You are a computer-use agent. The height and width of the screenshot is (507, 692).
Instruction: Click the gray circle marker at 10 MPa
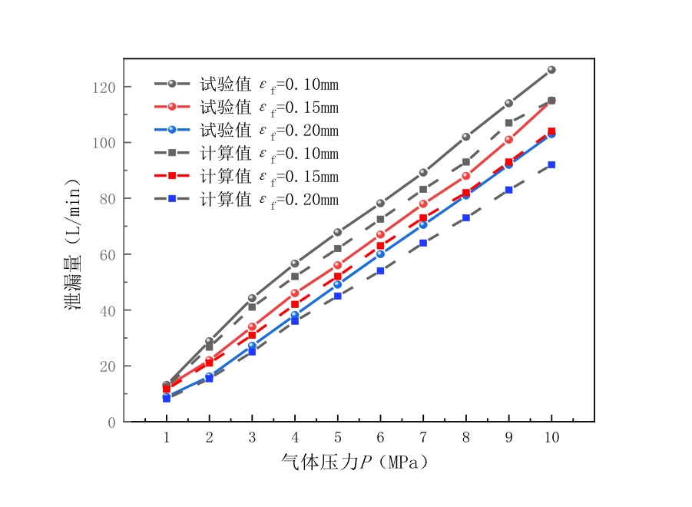(551, 70)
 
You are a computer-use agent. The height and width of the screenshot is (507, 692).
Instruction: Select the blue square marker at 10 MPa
(551, 164)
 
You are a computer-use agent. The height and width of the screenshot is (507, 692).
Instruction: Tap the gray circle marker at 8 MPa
(465, 137)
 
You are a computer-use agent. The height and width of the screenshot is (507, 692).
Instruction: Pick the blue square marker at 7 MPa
(423, 243)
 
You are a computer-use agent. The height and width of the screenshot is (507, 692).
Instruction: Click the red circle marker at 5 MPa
(337, 265)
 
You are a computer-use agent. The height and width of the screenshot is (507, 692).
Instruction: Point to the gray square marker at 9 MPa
(508, 123)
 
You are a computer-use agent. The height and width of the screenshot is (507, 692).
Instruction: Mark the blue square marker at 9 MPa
(508, 190)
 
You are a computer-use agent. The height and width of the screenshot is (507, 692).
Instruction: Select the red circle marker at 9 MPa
(508, 140)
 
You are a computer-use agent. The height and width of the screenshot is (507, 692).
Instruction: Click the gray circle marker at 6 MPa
(380, 204)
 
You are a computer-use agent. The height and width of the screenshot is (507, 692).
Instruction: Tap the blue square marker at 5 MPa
(337, 296)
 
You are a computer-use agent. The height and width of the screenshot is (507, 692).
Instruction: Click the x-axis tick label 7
(423, 436)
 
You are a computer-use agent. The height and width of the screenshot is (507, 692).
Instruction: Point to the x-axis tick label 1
(167, 436)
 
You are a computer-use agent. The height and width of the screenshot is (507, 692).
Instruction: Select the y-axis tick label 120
(104, 88)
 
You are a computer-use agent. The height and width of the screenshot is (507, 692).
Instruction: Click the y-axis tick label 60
(108, 254)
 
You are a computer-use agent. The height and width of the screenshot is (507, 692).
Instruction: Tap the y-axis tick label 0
(112, 422)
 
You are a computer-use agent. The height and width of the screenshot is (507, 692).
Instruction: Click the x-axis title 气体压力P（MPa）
(355, 462)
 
